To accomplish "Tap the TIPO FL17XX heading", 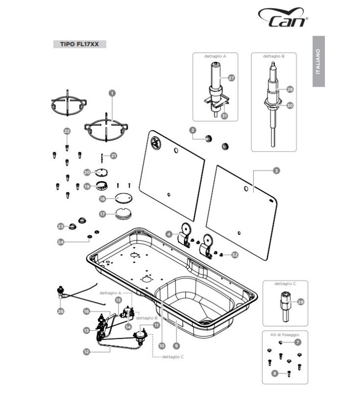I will [79, 44].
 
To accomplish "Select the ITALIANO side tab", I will [318, 62].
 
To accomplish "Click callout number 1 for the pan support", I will [112, 93].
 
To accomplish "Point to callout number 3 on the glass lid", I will [276, 171].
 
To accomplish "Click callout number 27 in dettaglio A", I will [231, 78].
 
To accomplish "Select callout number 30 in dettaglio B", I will [290, 105].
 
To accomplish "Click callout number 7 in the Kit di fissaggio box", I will [297, 342].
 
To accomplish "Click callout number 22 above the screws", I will [67, 131].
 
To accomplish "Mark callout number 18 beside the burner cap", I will [103, 198].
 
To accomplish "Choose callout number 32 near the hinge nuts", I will [235, 255].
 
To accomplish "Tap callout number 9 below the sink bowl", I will [176, 346].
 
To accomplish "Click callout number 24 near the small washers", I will [61, 242].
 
